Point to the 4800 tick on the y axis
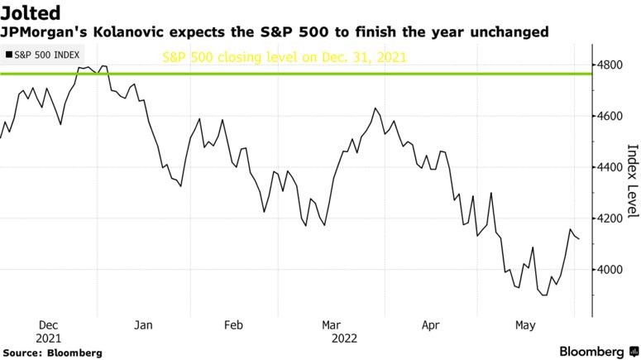click(x=614, y=65)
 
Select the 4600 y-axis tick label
click(x=614, y=116)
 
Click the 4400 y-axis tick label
click(x=614, y=167)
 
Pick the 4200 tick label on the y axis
click(x=614, y=218)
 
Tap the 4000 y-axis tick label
click(x=614, y=270)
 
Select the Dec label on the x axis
click(x=48, y=325)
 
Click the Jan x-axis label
click(x=144, y=325)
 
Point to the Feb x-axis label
click(x=234, y=325)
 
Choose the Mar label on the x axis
click(x=331, y=325)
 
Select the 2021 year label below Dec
click(x=48, y=338)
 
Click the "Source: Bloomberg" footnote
click(x=52, y=353)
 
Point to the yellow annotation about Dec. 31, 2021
click(x=284, y=58)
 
